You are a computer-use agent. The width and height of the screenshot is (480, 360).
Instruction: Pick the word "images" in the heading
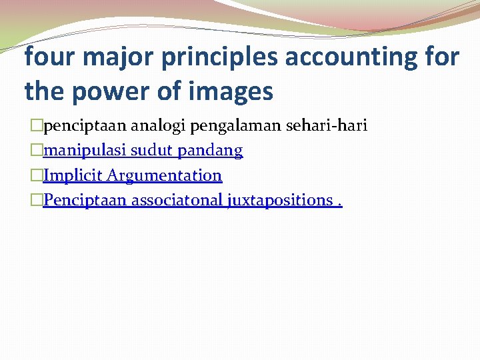pyautogui.click(x=233, y=92)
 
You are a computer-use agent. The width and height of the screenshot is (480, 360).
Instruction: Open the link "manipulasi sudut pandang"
pyautogui.click(x=143, y=151)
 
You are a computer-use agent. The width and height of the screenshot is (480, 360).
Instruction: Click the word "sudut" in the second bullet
pyautogui.click(x=150, y=151)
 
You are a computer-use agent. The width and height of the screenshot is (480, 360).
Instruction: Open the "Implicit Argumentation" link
pyautogui.click(x=132, y=175)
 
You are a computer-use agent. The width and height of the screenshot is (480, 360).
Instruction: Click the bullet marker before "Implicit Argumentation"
pyautogui.click(x=37, y=176)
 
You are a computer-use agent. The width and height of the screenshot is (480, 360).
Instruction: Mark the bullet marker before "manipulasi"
pyautogui.click(x=37, y=151)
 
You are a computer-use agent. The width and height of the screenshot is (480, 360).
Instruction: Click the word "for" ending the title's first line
pyautogui.click(x=442, y=57)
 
